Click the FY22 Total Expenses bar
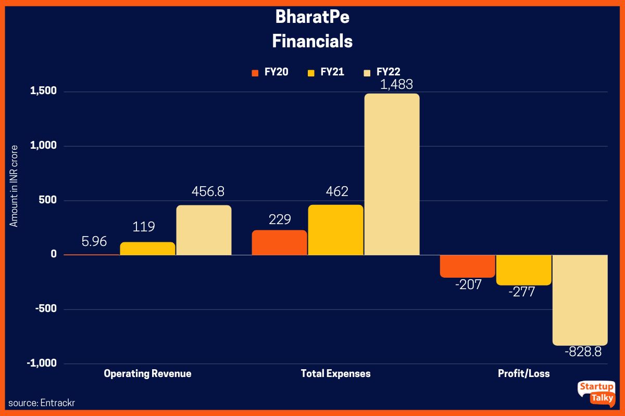[392, 174]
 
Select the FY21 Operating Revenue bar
[147, 249]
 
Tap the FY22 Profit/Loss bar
[580, 300]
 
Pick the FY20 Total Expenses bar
[279, 242]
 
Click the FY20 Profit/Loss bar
[467, 266]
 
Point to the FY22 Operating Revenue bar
[204, 230]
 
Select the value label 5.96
[94, 241]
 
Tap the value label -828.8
[583, 352]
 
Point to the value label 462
[335, 192]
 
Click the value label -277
[523, 292]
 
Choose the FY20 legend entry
[270, 72]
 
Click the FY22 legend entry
[382, 72]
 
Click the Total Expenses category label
[335, 373]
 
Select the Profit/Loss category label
[523, 373]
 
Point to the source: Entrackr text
[38, 403]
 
